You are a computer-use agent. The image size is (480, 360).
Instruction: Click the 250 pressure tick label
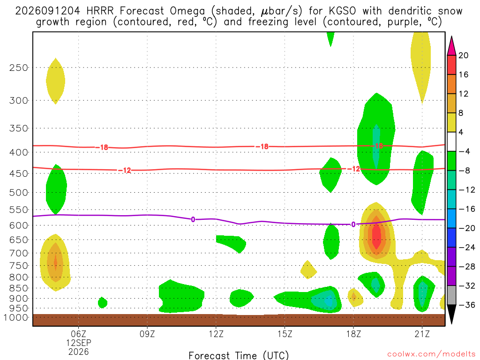pos(18,67)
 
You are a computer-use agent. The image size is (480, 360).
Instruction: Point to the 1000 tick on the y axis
pos(16,317)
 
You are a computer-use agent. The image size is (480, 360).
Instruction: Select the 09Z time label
pos(147,334)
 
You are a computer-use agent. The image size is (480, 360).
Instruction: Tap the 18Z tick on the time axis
pos(353,334)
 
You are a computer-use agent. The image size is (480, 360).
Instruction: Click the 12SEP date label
pos(79,343)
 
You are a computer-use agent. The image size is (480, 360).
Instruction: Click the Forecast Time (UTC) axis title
pos(239,355)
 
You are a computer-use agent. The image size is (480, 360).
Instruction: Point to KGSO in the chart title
pos(342,11)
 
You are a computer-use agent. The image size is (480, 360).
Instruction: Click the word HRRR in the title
pos(100,11)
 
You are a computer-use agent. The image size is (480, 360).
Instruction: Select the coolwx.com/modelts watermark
pos(431,354)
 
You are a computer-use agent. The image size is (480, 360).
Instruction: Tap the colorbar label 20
pos(463,55)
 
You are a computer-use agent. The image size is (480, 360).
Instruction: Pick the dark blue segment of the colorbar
pos(451,238)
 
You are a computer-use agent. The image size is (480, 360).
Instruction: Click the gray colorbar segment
pos(451,295)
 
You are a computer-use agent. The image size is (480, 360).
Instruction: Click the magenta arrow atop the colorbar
pos(451,46)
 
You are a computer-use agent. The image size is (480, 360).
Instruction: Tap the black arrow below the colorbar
pos(451,314)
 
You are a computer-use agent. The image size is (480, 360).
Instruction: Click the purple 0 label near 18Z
pos(353,225)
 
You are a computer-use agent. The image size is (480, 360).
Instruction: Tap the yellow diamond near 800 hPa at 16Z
pos(308,270)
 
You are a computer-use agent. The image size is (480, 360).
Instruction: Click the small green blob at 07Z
pos(103,303)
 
